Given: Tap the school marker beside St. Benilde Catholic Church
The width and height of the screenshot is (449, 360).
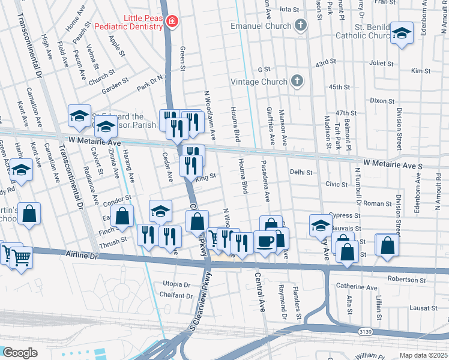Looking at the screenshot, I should [x=402, y=34].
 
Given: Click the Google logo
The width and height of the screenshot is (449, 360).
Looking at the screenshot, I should [x=20, y=352].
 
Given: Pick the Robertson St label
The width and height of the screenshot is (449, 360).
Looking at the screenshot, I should [x=406, y=279].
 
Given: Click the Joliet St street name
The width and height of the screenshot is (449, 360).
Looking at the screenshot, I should [x=381, y=62].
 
